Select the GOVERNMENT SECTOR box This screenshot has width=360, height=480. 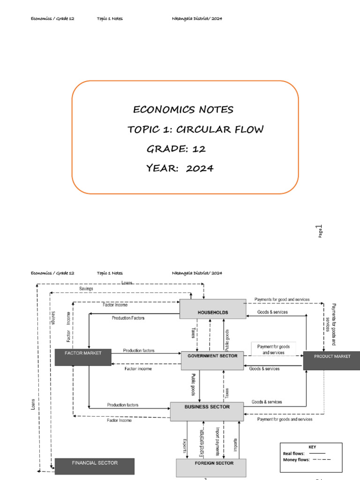click(212, 360)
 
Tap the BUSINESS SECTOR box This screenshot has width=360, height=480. click(207, 411)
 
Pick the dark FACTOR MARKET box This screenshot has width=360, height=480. click(83, 357)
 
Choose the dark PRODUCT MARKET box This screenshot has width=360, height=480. click(331, 360)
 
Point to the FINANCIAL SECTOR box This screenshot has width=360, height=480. click(95, 466)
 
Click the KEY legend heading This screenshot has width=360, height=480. click(312, 447)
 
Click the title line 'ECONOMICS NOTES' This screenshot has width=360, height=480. click(183, 110)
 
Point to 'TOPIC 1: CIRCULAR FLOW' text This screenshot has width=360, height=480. click(195, 129)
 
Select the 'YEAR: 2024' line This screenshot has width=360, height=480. click(180, 168)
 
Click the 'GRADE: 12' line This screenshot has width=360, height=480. click(176, 149)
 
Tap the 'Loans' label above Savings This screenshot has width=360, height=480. click(127, 283)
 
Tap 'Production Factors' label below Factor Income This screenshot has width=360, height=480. click(128, 318)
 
